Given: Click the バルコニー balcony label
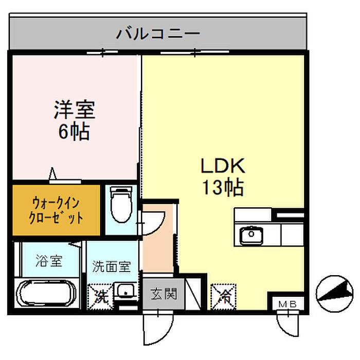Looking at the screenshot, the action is (x=158, y=34).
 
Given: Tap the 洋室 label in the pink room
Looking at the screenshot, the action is (x=75, y=110).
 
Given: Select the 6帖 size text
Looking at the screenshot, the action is (x=74, y=132).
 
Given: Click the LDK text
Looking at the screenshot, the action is (x=223, y=166).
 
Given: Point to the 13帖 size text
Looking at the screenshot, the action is (x=223, y=188).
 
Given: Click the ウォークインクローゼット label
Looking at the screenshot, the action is (x=56, y=210).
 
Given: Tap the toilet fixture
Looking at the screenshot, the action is (x=121, y=204).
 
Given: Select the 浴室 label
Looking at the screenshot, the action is (x=49, y=261).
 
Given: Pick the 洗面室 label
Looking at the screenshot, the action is (x=112, y=266).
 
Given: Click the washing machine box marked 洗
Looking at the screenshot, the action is (x=101, y=297).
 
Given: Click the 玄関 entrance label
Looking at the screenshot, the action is (x=164, y=294).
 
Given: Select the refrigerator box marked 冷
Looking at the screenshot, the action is (x=223, y=297).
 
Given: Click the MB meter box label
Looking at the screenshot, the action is (x=287, y=304).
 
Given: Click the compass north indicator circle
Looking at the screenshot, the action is (x=334, y=294).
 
